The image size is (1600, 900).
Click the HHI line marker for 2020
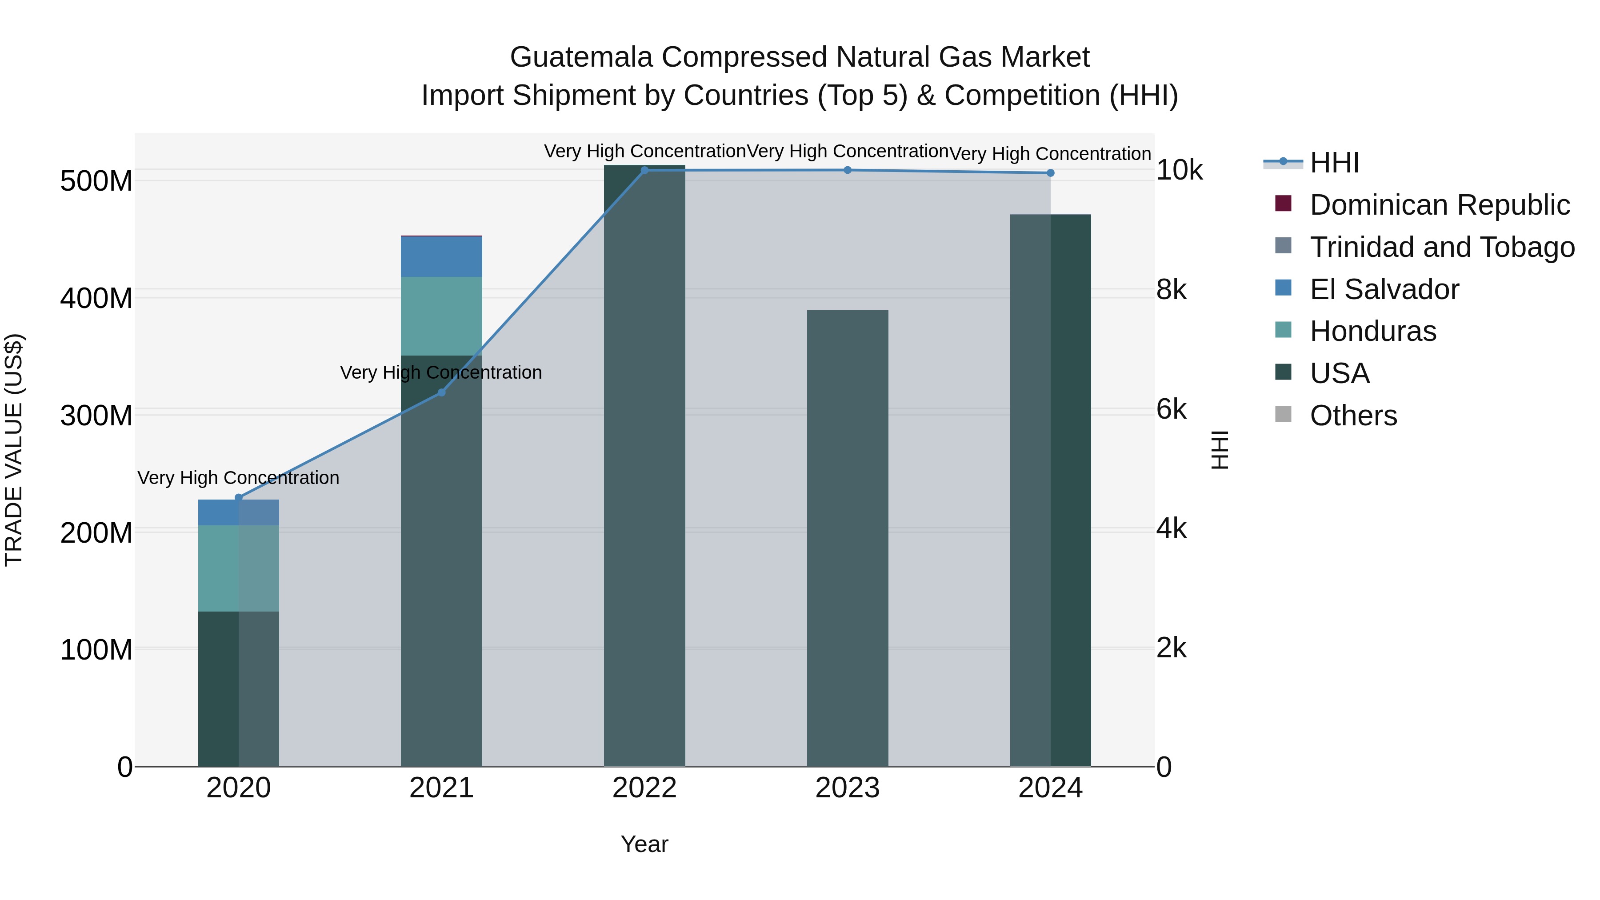click(239, 497)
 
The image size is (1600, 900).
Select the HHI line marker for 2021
click(442, 392)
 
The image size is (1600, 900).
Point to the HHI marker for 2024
click(1050, 173)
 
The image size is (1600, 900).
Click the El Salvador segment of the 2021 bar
click(442, 256)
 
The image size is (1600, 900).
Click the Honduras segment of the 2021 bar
click(442, 316)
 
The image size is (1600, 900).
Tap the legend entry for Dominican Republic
click(1439, 205)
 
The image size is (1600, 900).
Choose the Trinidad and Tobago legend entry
click(1442, 247)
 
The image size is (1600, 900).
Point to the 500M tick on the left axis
click(96, 181)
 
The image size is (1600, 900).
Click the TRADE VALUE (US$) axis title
click(14, 450)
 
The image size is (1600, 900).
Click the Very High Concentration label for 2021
click(441, 373)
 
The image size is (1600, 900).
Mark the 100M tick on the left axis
click(96, 650)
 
